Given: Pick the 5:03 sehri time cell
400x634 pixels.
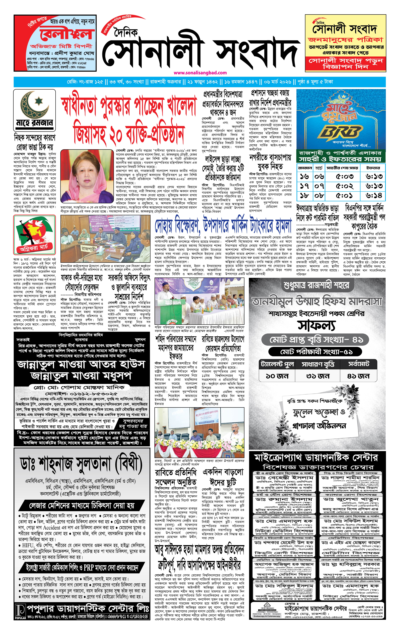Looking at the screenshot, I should [x=345, y=176].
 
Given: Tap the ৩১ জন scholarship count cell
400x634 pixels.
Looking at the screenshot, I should [x=318, y=376].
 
